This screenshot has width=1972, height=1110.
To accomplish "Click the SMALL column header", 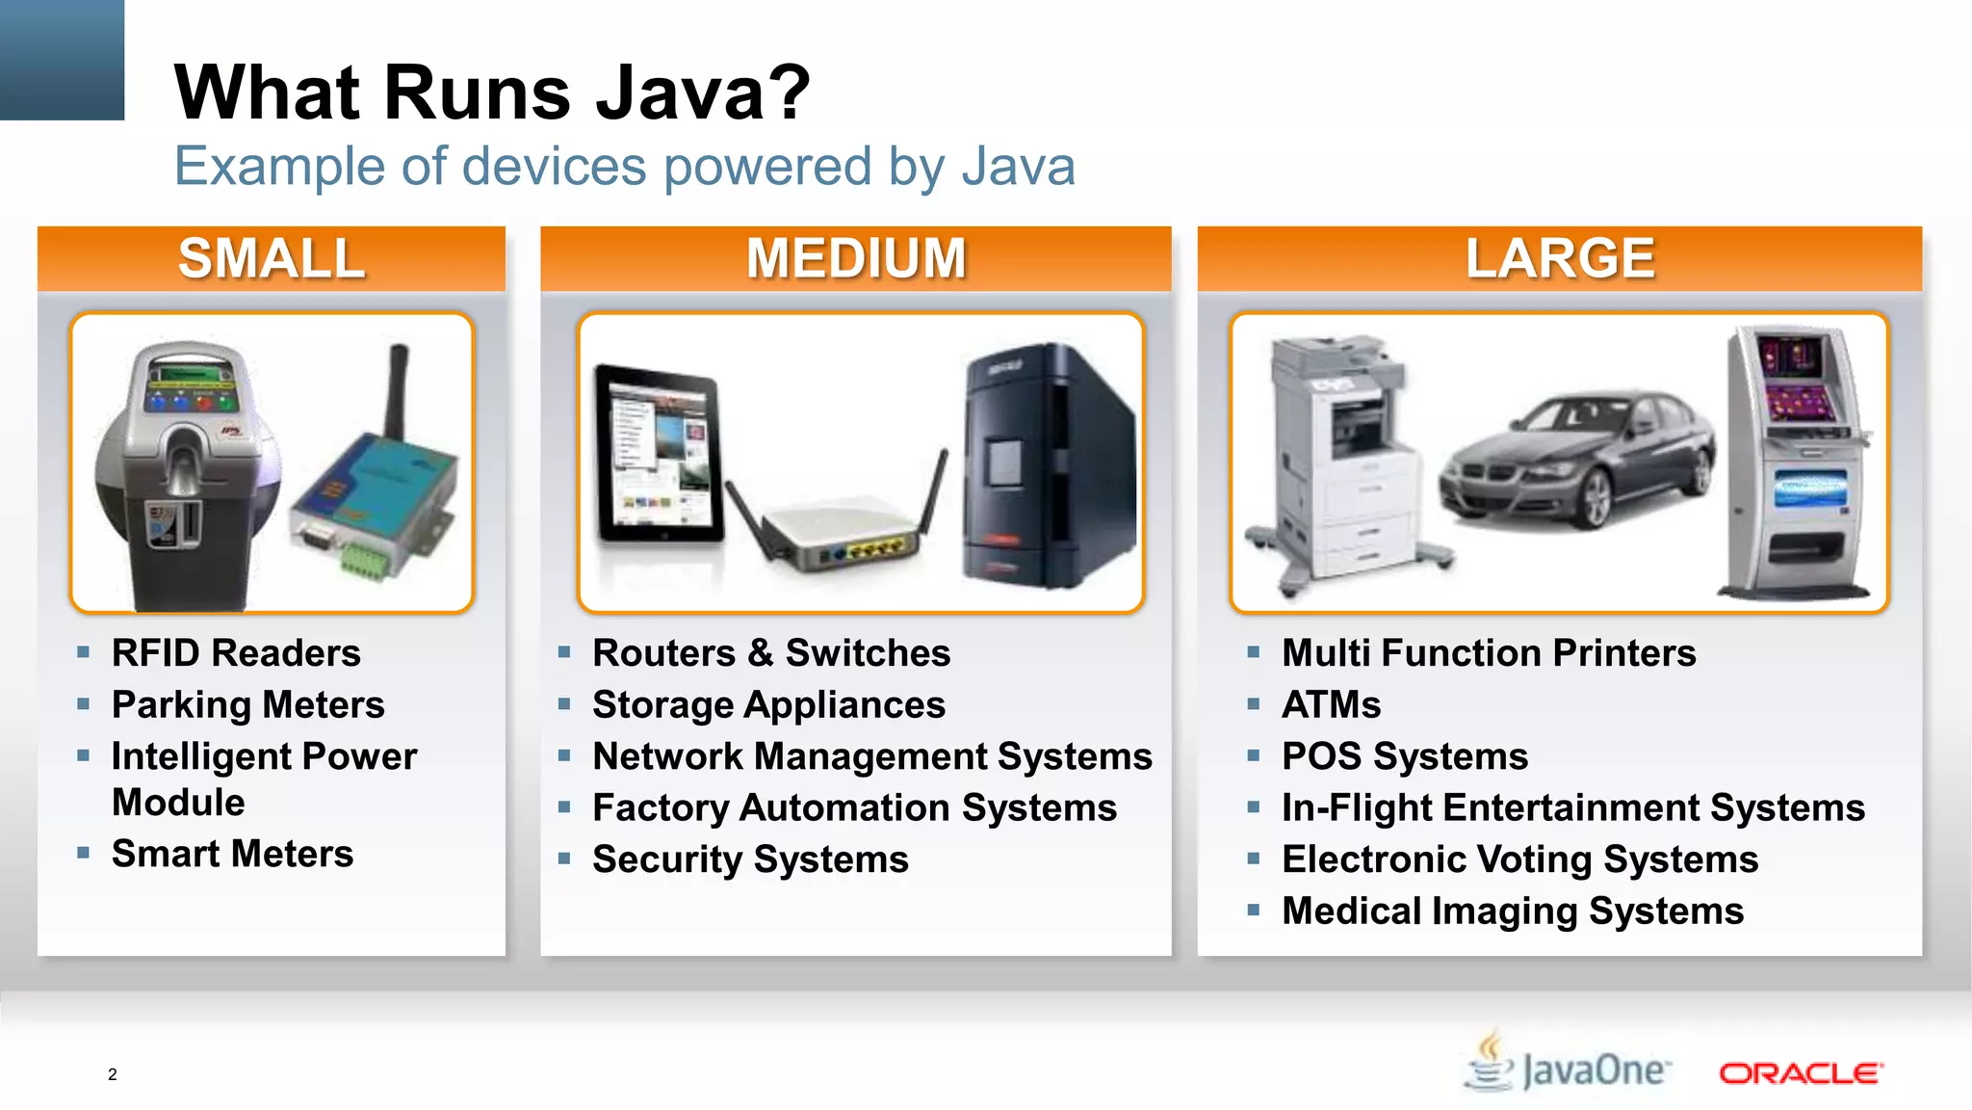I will (x=272, y=258).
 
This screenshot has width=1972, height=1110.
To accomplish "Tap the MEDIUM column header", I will (x=855, y=258).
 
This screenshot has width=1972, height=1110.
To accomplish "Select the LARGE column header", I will (x=1559, y=258).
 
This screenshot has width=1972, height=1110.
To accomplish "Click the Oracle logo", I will (x=1800, y=1072).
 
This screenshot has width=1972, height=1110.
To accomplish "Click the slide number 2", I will (x=113, y=1074).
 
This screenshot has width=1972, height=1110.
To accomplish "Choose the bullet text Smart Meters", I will (x=232, y=854).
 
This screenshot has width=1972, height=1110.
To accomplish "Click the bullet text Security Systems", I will (x=750, y=859).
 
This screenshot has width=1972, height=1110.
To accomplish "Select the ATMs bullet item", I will (x=1331, y=704).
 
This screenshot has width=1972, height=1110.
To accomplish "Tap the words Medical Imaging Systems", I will (x=1512, y=911).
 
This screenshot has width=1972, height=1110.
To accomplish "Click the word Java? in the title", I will (x=703, y=92).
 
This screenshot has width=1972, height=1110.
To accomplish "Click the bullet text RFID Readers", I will (x=236, y=653).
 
